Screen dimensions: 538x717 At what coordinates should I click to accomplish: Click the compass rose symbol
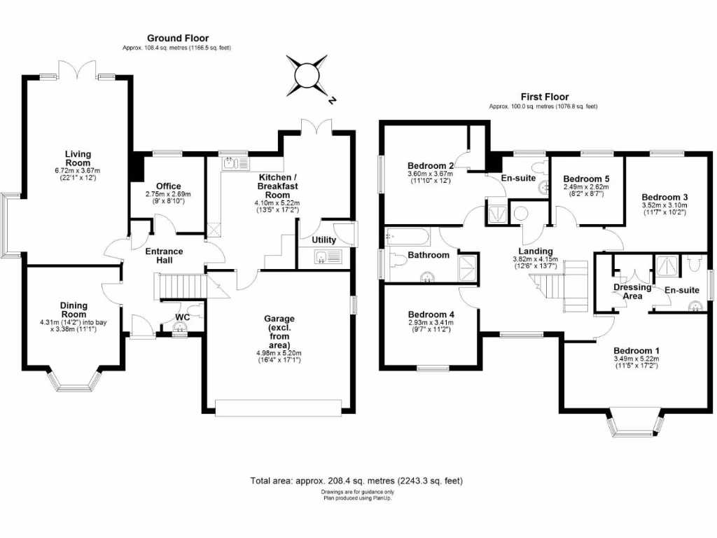pos(307,75)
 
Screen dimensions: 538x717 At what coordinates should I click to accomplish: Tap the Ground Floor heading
pos(177,38)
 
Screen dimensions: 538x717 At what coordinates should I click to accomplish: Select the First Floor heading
pos(544,97)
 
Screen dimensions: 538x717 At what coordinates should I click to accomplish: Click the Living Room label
pos(78,158)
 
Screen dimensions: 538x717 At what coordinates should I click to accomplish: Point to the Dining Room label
pos(73,310)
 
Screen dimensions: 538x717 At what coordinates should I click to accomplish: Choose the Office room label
pos(168,186)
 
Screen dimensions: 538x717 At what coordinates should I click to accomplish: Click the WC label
pos(182,317)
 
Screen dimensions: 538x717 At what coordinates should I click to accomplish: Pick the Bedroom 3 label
pos(664,198)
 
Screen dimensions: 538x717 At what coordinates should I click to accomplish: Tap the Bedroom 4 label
pos(431,315)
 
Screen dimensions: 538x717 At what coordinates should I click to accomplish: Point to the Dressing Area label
pos(632,291)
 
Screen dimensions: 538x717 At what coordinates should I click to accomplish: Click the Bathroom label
pos(429,255)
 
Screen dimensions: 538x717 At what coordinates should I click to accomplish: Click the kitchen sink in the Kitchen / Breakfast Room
pos(233,163)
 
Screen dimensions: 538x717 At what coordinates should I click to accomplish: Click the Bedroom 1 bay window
pos(633,423)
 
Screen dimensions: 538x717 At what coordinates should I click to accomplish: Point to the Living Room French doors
pos(78,69)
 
